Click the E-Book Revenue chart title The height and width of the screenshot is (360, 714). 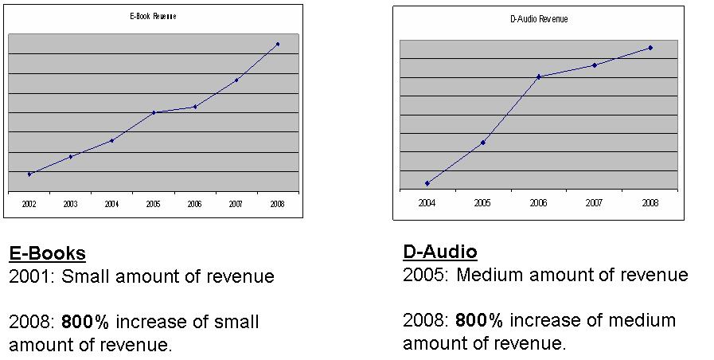(x=153, y=16)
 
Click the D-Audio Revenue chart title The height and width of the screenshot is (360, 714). (x=538, y=19)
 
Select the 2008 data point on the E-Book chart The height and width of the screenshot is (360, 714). (x=277, y=44)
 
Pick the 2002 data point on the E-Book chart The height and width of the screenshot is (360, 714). (x=29, y=174)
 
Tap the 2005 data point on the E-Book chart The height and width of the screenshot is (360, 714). (x=154, y=112)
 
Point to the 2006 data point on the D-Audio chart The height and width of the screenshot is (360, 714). (x=539, y=76)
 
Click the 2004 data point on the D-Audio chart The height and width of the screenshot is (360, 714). (x=427, y=183)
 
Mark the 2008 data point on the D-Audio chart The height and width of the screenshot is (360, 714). (x=650, y=48)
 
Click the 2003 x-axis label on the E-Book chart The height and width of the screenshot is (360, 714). (x=71, y=205)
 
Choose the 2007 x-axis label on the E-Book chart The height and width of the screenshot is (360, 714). (x=236, y=205)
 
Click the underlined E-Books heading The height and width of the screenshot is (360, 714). (x=47, y=254)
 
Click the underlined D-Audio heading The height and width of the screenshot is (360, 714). (x=439, y=252)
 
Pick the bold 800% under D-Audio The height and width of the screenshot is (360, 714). (x=479, y=321)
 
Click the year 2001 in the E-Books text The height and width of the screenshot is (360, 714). (x=29, y=277)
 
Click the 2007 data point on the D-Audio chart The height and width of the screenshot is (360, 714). (x=595, y=65)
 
